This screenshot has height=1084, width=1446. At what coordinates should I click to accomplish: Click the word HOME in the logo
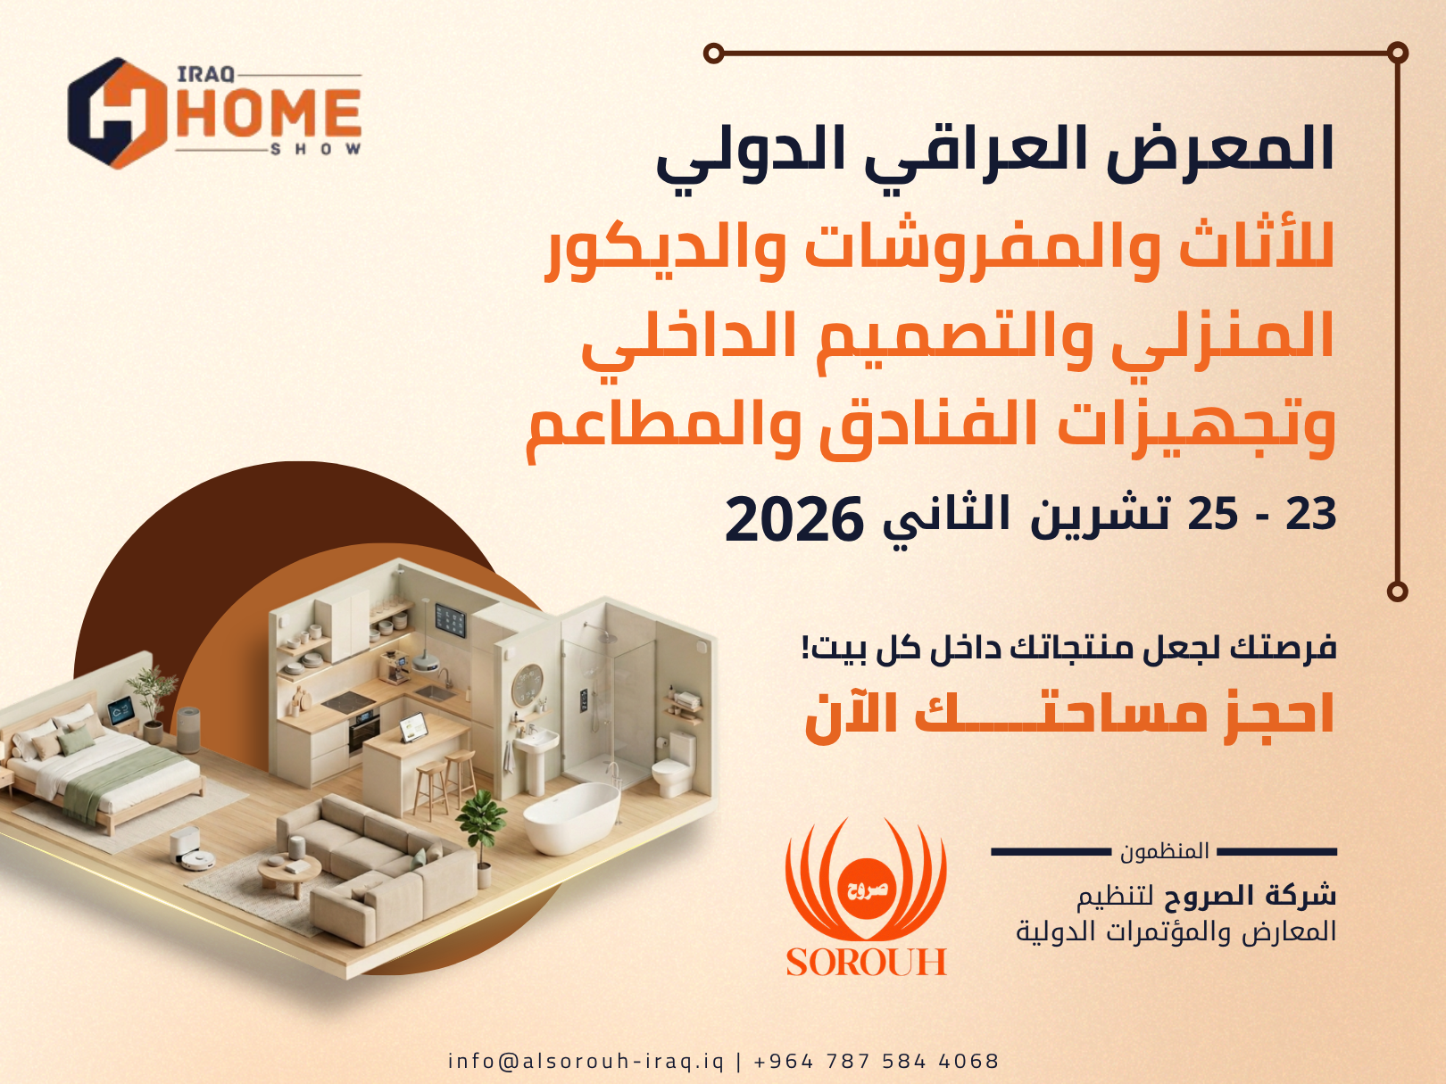pos(269,112)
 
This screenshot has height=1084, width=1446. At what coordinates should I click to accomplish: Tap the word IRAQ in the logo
pos(206,75)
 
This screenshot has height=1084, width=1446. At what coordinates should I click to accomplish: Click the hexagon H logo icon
pos(117,112)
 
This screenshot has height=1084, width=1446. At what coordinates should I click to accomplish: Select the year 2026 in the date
pos(794,518)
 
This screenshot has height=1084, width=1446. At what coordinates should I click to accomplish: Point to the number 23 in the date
pos(1311,514)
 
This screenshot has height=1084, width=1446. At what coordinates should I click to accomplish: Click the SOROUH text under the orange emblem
pos(867,962)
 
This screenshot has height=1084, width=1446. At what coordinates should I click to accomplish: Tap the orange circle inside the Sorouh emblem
pos(867,890)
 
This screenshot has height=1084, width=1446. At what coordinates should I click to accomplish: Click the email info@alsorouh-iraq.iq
pos(586,1060)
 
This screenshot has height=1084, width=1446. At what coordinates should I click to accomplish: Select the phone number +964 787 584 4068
pos(877,1060)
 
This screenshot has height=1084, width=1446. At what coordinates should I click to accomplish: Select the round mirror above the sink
pos(527,685)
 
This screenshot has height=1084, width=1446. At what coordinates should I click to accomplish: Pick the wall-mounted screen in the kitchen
pos(451,620)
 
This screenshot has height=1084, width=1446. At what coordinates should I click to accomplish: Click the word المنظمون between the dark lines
pos(1165,852)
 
